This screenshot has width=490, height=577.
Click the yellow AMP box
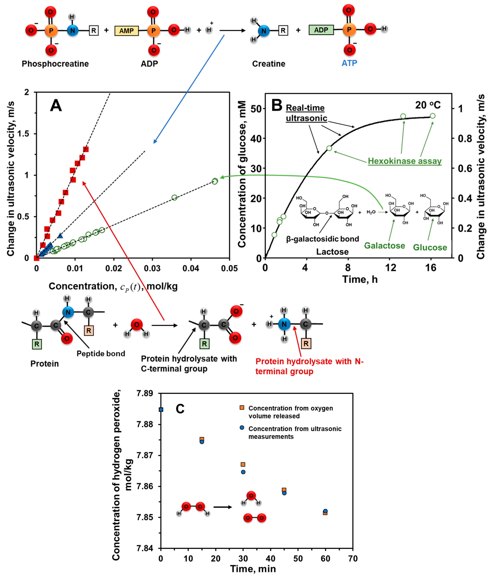click(126, 30)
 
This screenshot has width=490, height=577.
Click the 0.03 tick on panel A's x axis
click(152, 268)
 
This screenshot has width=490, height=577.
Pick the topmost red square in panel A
click(86, 149)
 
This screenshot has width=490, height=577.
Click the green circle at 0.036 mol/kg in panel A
click(174, 198)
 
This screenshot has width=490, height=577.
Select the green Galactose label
click(384, 246)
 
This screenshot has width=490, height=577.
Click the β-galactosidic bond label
click(322, 239)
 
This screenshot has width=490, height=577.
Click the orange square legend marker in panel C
click(242, 408)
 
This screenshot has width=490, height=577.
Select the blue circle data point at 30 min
click(243, 472)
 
